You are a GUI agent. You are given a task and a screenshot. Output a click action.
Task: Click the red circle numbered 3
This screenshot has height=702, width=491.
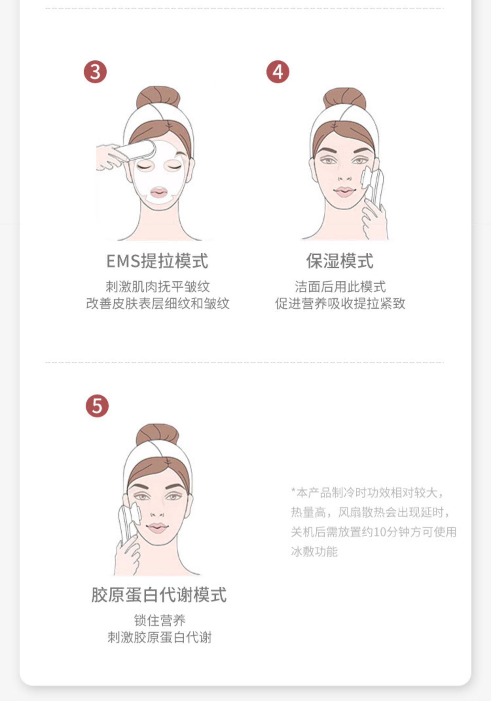click(x=95, y=72)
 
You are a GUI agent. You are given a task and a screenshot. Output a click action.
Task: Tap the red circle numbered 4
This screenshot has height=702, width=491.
click(x=278, y=72)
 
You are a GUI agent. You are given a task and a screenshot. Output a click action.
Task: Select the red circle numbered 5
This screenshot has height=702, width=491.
click(x=97, y=406)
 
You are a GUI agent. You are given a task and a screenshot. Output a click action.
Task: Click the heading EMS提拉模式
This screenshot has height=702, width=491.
click(x=157, y=261)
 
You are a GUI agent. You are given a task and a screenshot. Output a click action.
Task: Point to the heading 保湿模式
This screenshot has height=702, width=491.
click(x=340, y=261)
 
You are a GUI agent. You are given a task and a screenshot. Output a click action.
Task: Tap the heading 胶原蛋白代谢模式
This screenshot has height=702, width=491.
click(x=159, y=595)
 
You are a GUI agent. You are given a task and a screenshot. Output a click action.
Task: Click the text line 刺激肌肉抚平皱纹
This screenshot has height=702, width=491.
click(x=157, y=287)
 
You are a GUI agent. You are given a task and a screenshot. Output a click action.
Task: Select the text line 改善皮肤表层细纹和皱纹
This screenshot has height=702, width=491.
click(x=157, y=304)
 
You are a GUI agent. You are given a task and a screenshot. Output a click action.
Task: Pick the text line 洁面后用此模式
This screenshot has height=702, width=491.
click(x=340, y=287)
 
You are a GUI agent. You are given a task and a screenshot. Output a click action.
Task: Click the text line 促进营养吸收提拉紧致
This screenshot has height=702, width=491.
click(x=340, y=304)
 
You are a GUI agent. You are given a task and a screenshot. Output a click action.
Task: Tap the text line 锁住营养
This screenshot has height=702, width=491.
click(x=160, y=620)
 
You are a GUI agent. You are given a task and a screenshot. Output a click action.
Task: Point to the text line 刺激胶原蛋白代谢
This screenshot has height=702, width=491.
click(x=160, y=637)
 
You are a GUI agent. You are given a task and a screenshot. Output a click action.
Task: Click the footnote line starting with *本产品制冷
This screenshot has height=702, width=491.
click(x=367, y=492)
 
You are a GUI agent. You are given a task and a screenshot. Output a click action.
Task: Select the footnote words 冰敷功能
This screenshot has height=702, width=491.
click(x=314, y=552)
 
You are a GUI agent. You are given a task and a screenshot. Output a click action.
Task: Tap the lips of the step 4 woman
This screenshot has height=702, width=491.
click(x=344, y=192)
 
